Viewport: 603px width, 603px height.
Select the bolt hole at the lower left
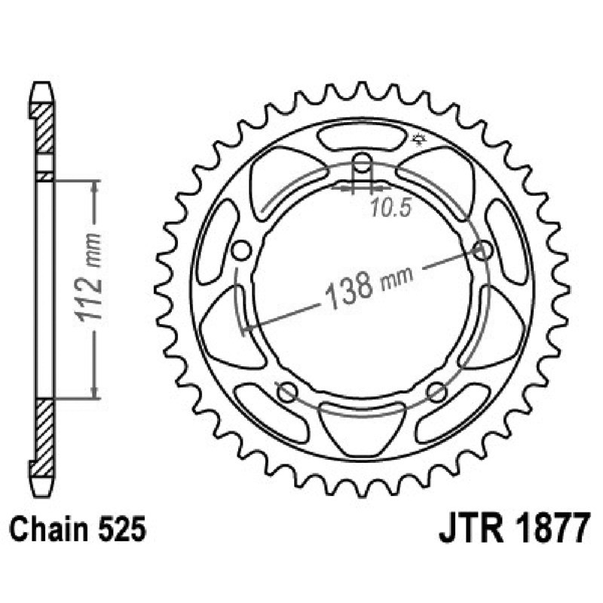(286, 391)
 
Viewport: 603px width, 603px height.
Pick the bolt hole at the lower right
(437, 391)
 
